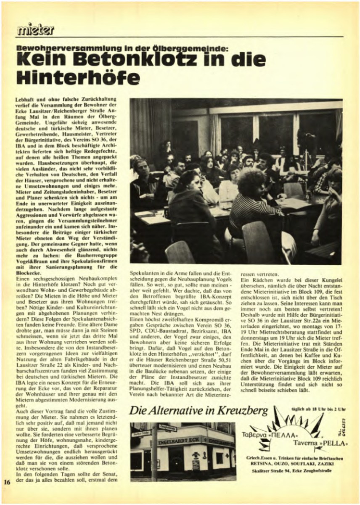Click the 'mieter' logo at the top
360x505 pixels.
(x=36, y=29)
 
